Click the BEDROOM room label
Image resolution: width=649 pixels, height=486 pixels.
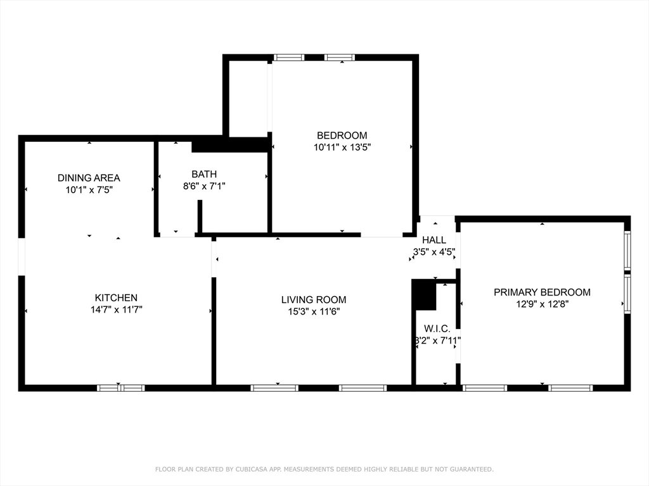342,135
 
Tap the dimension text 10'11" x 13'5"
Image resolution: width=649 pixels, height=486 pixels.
342,147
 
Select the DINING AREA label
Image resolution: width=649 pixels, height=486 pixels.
89,178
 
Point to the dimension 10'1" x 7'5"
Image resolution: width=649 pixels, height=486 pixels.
89,189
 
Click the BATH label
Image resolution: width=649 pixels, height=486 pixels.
204,174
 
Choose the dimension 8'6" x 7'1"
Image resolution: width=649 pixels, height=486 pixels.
204,186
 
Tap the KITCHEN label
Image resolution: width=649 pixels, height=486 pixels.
116,297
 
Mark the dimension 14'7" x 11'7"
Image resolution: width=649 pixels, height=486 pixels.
116,309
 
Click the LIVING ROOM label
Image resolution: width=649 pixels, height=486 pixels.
314,299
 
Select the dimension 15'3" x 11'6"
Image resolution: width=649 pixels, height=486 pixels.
314,311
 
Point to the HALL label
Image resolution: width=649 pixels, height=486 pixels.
434,240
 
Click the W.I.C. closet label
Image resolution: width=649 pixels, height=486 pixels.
437,328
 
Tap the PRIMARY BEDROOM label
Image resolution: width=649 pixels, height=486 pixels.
542,292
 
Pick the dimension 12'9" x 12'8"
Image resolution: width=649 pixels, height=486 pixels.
542,304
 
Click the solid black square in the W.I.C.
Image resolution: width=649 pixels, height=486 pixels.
424,296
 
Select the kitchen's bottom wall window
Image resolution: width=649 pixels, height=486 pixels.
120,388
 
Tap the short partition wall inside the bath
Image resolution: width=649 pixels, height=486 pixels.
200,216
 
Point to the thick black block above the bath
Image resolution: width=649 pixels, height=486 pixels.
231,145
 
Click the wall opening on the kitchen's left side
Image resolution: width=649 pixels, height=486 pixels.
22,256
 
